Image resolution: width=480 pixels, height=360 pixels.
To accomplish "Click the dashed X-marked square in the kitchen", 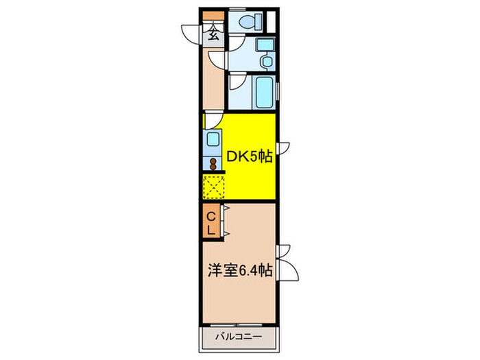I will tap(214, 186).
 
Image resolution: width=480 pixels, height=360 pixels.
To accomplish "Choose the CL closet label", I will tap(212, 224).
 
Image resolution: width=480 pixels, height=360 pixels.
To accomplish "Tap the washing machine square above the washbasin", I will tap(264, 45).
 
